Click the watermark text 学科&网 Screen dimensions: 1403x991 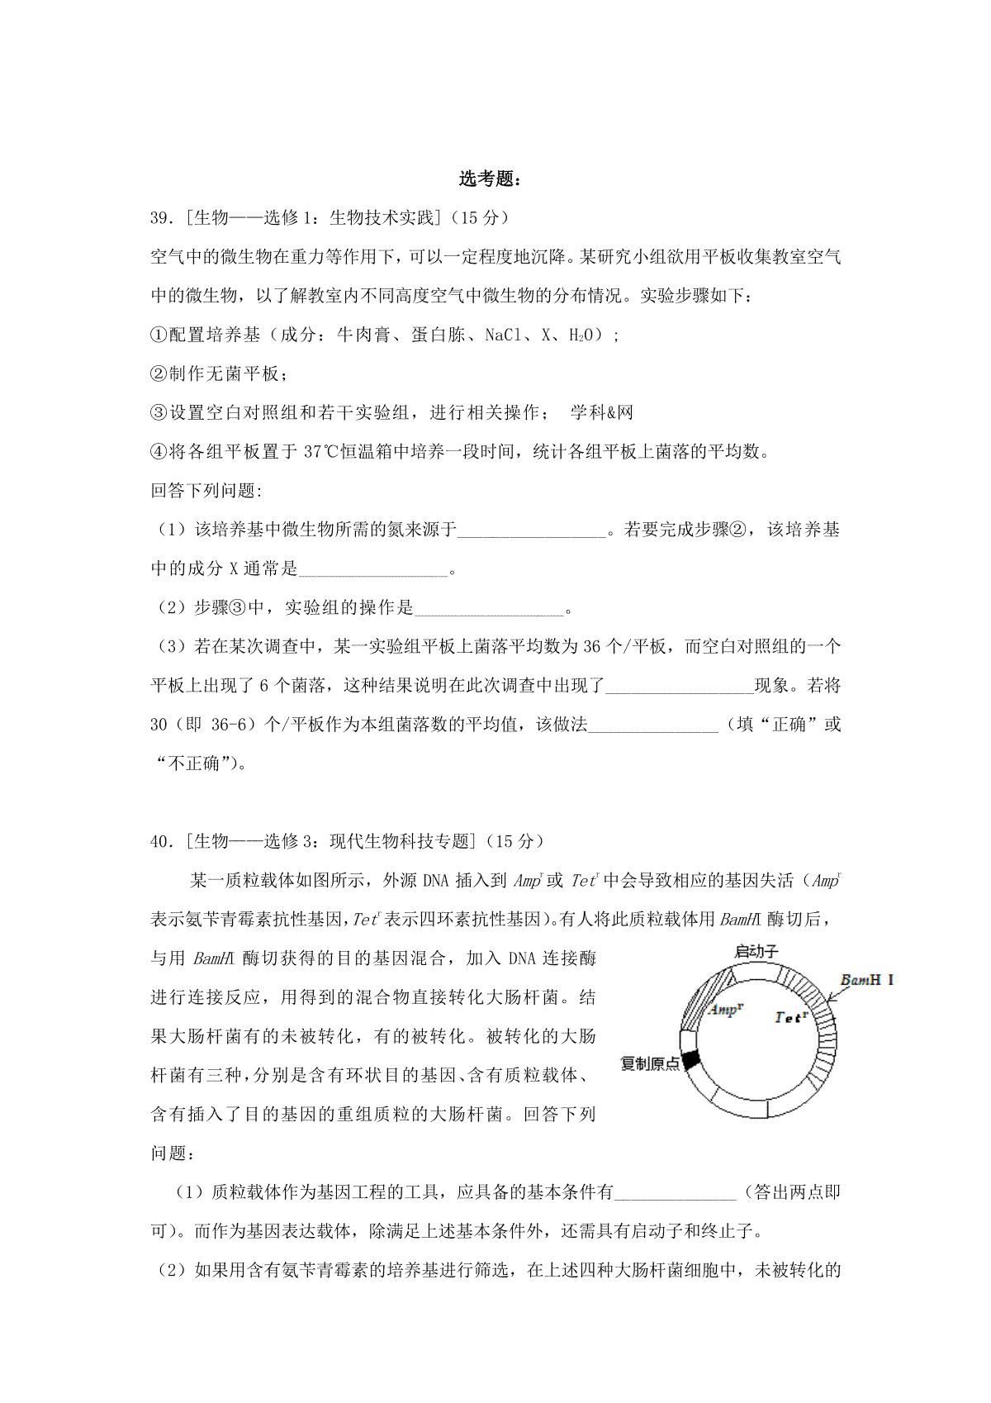point(601,413)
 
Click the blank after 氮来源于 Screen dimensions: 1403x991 point(532,531)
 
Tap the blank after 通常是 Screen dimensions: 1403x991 point(372,570)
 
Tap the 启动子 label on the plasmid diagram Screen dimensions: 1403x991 point(756,952)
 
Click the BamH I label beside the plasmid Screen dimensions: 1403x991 point(866,981)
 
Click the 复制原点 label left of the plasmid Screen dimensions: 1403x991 point(650,1063)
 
